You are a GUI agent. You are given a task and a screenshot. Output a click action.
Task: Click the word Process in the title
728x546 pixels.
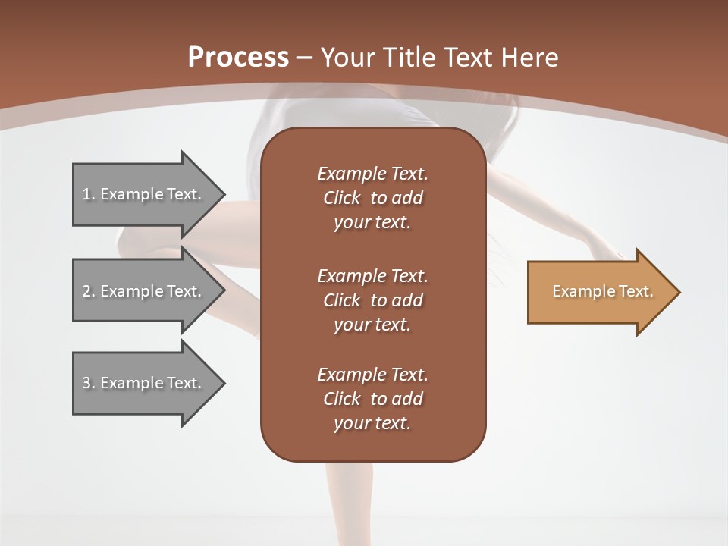click(238, 58)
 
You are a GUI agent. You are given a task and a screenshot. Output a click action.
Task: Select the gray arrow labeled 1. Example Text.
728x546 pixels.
click(144, 194)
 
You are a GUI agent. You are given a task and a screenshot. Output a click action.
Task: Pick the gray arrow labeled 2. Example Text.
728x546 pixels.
click(144, 291)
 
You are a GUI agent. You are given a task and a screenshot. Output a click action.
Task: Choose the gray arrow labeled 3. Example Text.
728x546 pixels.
click(144, 383)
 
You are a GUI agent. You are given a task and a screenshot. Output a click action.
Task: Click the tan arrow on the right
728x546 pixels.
click(599, 292)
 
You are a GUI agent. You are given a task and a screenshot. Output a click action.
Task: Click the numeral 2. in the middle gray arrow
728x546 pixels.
click(89, 291)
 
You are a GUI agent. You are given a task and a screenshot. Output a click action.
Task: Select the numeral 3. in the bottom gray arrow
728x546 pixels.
click(89, 383)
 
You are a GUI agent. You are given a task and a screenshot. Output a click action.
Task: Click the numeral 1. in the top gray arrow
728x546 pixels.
click(89, 194)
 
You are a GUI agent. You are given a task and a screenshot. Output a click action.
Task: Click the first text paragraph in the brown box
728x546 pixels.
click(372, 198)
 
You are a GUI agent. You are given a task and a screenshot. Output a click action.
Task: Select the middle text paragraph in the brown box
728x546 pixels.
click(372, 300)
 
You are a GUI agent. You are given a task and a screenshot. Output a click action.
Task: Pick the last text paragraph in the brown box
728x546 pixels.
click(372, 399)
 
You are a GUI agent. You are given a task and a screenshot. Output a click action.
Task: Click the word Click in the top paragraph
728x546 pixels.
click(341, 198)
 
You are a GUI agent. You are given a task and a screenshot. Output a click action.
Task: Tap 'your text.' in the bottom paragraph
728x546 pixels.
click(372, 423)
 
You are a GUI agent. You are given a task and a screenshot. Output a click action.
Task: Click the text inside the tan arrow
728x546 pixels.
click(602, 291)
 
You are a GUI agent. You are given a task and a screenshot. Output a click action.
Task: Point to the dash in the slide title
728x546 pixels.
click(304, 58)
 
